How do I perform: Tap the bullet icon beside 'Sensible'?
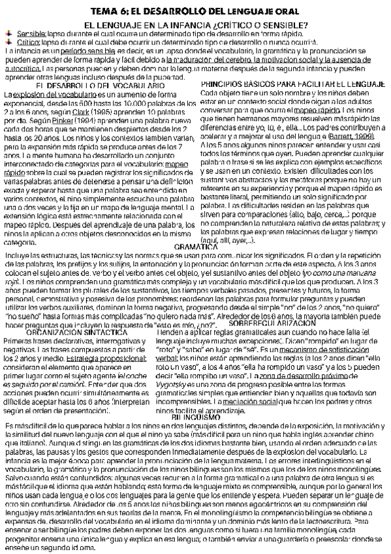pos(9,31)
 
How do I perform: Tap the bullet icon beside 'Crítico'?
pos(9,39)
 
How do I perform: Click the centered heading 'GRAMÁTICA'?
pos(196,229)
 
